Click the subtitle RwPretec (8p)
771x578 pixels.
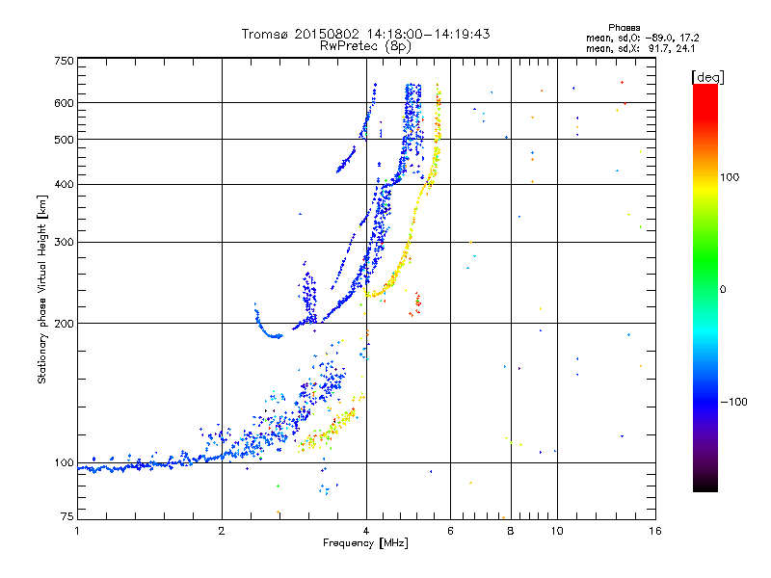point(366,45)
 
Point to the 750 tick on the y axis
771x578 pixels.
point(65,61)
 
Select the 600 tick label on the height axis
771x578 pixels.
point(65,102)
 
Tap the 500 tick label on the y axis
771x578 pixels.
point(65,139)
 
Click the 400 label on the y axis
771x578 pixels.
point(65,184)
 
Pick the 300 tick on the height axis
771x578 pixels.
point(65,242)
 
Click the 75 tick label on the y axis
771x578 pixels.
point(67,518)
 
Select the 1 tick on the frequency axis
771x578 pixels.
point(78,529)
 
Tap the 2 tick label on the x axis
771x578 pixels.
point(222,529)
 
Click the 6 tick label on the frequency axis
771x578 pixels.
point(450,529)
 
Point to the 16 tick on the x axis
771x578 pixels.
point(654,529)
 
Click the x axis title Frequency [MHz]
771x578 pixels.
point(365,541)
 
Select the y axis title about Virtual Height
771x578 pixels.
point(42,289)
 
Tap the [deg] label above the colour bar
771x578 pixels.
point(707,76)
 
